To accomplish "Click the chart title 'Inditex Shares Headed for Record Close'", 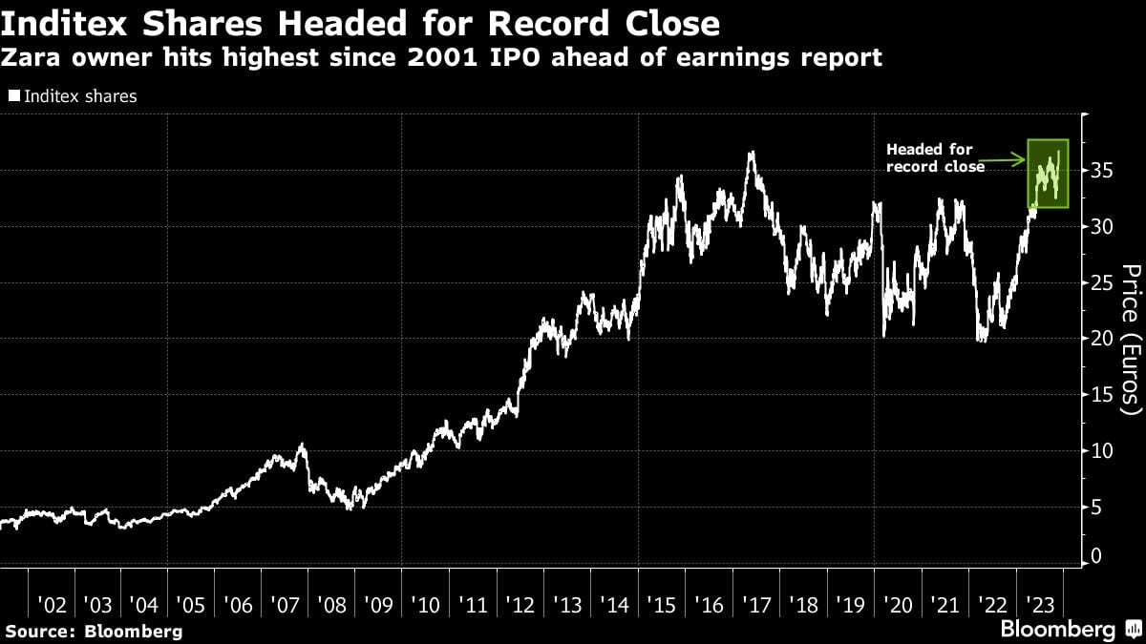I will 361,22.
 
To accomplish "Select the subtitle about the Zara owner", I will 441,58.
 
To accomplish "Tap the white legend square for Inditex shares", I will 14,96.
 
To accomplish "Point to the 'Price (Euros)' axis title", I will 1131,341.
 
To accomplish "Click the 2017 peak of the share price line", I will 752,153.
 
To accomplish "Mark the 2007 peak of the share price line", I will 302,445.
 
